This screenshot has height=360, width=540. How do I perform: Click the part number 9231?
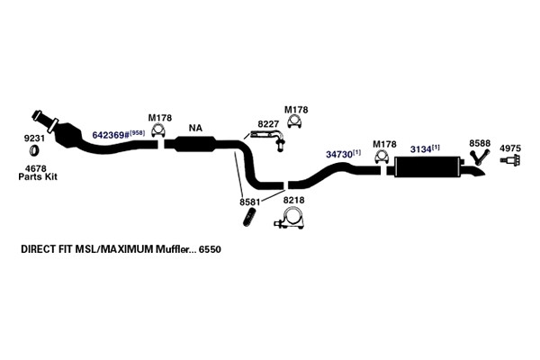click(x=34, y=139)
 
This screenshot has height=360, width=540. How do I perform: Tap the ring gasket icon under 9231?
click(x=34, y=151)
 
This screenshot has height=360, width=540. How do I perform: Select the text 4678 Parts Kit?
click(x=38, y=173)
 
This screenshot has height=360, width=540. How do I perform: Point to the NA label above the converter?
click(x=195, y=128)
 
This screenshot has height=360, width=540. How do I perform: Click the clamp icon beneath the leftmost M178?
click(x=157, y=131)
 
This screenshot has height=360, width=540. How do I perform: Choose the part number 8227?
click(x=268, y=124)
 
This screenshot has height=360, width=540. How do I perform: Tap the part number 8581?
click(x=250, y=202)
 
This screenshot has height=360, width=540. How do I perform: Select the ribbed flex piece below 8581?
click(x=249, y=218)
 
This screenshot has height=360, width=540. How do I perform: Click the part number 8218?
click(x=293, y=200)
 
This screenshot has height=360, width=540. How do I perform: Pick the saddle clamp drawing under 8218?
click(x=290, y=219)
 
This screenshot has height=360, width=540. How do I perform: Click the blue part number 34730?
click(x=339, y=155)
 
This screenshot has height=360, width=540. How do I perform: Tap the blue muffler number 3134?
click(x=420, y=149)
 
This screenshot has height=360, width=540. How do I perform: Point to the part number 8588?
click(x=480, y=143)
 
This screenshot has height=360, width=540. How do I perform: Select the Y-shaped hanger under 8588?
click(x=480, y=157)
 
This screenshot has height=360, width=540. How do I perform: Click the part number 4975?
click(x=510, y=148)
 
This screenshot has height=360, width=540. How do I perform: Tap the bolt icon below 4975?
click(x=510, y=160)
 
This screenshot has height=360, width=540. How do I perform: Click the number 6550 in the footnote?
click(x=210, y=249)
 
